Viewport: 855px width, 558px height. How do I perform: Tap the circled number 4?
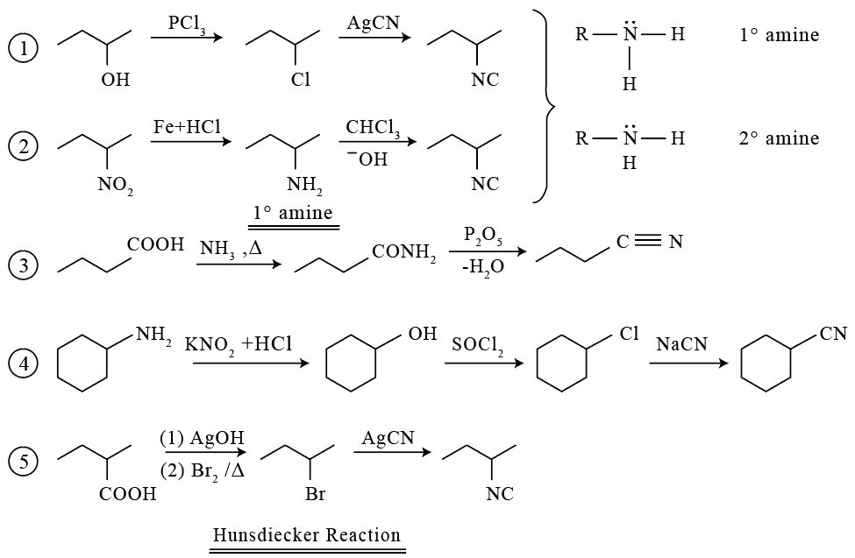[x=23, y=363]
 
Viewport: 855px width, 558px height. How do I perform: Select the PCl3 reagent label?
[x=187, y=24]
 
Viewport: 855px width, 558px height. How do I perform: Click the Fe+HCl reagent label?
[x=187, y=126]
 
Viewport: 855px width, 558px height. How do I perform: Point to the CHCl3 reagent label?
[x=373, y=129]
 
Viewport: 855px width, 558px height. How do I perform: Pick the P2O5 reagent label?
[x=483, y=237]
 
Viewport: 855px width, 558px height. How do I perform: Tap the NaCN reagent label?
[x=681, y=344]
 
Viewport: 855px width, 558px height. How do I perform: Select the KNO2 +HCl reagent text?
[x=239, y=345]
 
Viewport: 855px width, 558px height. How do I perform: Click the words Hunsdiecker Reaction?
[x=306, y=534]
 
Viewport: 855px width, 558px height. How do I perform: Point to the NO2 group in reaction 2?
[x=115, y=186]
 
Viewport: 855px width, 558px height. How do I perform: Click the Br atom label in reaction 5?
[x=315, y=494]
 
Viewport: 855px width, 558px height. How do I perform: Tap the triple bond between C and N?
[x=648, y=240]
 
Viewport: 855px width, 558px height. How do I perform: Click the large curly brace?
[x=546, y=106]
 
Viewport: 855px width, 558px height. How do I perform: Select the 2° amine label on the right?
[x=779, y=138]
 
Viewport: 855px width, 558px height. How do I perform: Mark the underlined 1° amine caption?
[x=293, y=213]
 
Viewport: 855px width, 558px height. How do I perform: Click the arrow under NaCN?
[x=688, y=364]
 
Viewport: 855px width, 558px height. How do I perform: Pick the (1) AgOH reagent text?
[x=202, y=438]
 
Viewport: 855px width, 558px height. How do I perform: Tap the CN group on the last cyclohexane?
[x=833, y=334]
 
